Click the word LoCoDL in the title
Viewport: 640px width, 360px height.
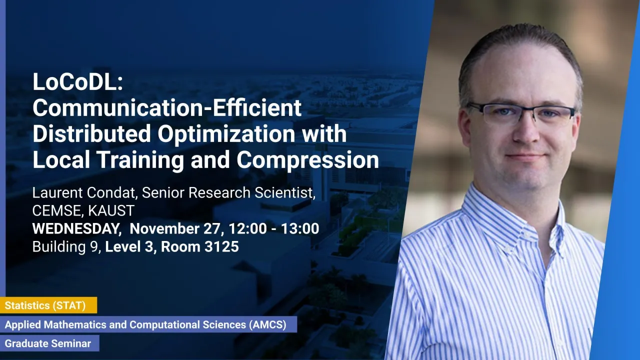click(74, 82)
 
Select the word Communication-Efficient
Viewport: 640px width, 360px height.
click(167, 107)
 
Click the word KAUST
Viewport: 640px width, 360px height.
click(111, 211)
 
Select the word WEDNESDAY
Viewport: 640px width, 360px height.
click(75, 229)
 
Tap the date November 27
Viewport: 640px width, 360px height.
click(175, 228)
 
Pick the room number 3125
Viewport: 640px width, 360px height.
click(221, 246)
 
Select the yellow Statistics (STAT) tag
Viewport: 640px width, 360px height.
click(48, 305)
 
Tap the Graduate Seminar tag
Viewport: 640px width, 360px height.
click(49, 343)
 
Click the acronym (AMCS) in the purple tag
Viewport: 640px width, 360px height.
click(267, 324)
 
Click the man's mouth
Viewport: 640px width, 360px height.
click(525, 157)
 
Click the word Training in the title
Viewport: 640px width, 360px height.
click(140, 160)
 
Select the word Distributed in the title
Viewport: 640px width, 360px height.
click(91, 133)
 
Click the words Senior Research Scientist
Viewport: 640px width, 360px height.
click(228, 193)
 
